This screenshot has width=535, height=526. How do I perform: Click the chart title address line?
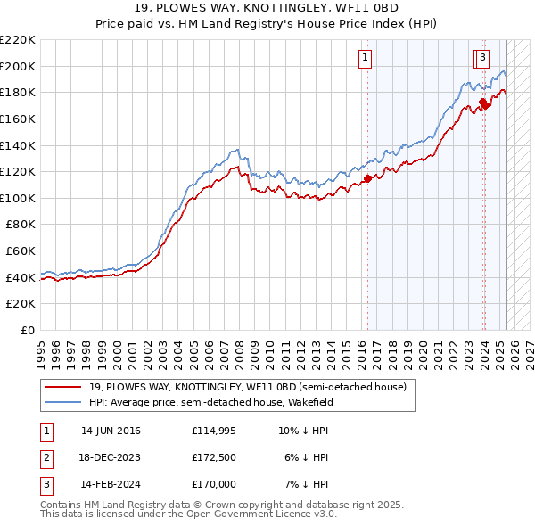267,12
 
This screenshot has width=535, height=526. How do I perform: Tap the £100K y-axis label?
18,198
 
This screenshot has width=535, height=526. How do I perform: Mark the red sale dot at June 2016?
367,179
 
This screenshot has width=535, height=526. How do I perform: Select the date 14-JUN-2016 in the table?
111,431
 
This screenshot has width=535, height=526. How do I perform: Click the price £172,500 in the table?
213,458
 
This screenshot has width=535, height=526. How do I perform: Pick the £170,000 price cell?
213,486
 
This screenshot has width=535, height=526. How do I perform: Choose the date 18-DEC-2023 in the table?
111,458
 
